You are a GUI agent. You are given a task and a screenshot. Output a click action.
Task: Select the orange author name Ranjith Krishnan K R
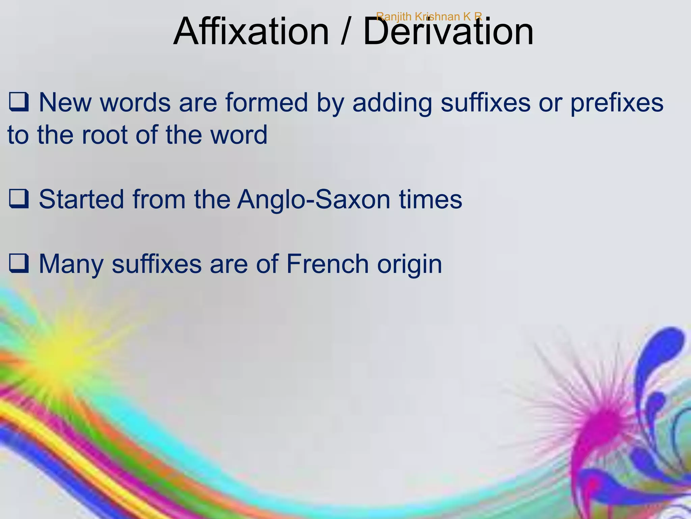429,16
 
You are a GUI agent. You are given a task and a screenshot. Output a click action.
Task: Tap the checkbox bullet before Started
19,200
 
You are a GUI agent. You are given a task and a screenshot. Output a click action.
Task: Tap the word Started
81,199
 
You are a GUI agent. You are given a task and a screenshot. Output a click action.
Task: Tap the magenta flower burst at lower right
604,422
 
